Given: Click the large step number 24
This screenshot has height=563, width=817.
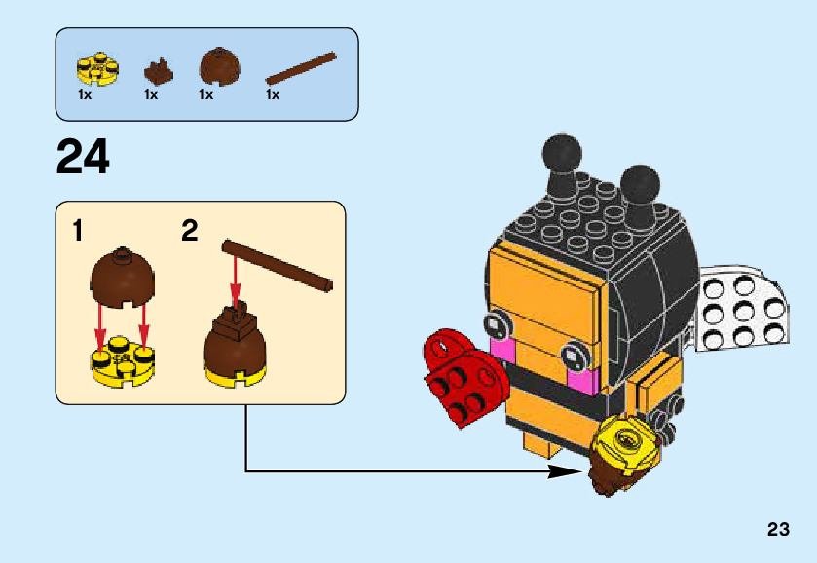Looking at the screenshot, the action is (x=83, y=157).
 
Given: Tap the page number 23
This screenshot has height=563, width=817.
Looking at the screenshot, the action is (x=777, y=530).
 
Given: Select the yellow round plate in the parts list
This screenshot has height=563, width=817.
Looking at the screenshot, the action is (x=97, y=67).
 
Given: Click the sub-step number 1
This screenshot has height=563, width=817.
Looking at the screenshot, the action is (x=77, y=232).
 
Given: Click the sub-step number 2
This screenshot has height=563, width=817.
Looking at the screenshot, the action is (x=190, y=232).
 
